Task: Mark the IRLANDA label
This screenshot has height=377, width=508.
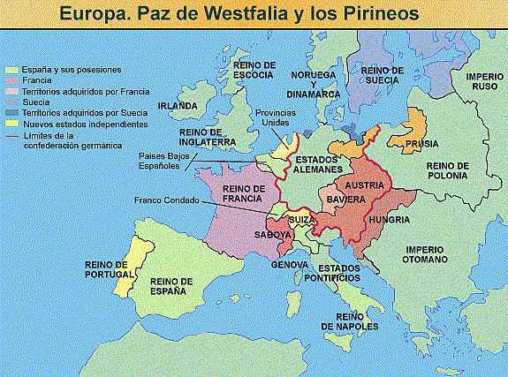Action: coord(177,107)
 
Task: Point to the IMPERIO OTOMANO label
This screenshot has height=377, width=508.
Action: coord(425,254)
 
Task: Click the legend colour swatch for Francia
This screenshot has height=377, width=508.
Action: coord(11,80)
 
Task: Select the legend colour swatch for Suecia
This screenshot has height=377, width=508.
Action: coord(11,102)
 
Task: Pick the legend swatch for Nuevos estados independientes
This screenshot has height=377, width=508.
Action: coord(11,124)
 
